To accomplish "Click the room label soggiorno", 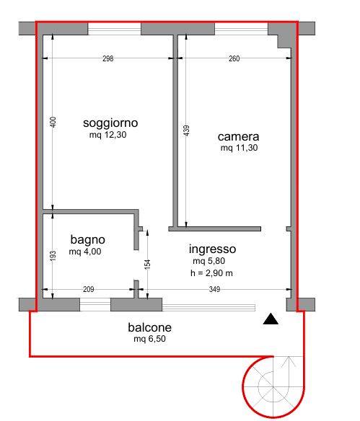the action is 110,123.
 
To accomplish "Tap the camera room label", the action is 238,137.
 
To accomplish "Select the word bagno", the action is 87,240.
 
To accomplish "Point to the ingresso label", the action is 213,249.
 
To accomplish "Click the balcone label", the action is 149,327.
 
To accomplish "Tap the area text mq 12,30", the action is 107,135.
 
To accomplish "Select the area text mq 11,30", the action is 239,148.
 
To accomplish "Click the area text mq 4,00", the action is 85,252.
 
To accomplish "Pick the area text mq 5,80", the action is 209,261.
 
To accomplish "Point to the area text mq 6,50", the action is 149,339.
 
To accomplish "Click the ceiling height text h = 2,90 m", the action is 211,273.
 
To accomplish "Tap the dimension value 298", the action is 108,58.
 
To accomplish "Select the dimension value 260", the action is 234,58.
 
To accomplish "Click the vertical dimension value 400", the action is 53,122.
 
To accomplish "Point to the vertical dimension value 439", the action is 186,130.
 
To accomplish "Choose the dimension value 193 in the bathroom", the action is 53,256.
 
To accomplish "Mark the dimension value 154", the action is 147,265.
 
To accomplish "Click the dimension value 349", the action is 214,289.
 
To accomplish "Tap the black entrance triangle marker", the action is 271,319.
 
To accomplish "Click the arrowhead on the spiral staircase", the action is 289,361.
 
